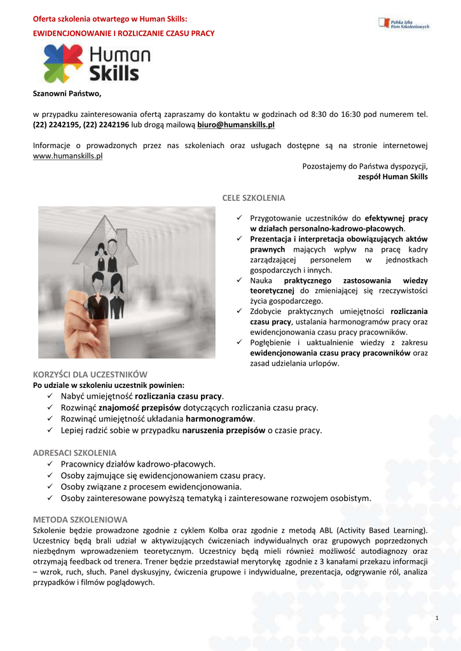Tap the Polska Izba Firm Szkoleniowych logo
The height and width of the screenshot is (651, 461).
coord(404,24)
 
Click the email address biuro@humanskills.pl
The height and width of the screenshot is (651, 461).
coord(236,125)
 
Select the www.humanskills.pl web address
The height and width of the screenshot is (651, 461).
coord(68,156)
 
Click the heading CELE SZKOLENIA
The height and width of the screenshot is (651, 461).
coord(254,198)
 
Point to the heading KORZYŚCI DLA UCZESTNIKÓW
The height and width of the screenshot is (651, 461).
coord(90,374)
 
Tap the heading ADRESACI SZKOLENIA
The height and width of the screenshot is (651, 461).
coord(74,453)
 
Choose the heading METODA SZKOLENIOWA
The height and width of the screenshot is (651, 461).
coord(80,519)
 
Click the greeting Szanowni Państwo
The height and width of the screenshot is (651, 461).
coord(67,94)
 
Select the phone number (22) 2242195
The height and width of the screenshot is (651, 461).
coord(56,125)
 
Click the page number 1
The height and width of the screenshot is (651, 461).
coord(437,619)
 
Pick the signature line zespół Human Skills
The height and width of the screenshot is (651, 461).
coord(393,177)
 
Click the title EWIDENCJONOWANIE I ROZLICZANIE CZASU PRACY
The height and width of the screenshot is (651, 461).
coord(123,33)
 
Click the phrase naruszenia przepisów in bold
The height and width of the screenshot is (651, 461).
coord(224,430)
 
